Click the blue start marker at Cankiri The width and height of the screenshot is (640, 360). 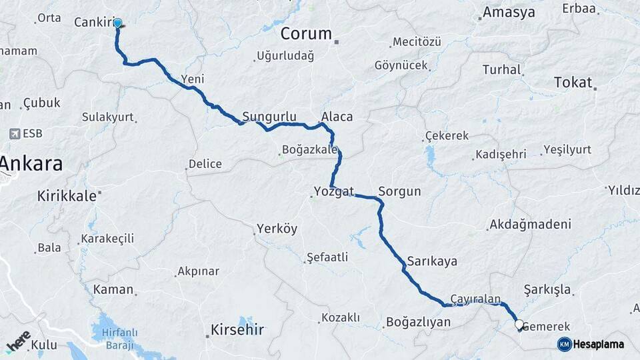pos(118,24)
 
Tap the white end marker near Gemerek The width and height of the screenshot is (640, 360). pos(519,325)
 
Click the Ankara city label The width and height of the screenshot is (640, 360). pos(31,164)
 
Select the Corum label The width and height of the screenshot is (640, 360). pos(306,33)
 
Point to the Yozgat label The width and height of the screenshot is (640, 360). pos(333,193)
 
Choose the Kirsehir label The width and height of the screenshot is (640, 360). pos(237,329)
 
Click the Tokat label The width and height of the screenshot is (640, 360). pos(573,83)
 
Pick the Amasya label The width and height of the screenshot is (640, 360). pos(509,12)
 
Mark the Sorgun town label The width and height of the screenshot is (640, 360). pos(399,192)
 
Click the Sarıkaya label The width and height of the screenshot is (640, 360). pos(432,261)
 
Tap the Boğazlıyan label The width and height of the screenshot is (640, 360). pos(418,323)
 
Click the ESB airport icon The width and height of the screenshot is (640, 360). pos(15,134)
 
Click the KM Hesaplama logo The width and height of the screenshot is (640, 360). pos(591,344)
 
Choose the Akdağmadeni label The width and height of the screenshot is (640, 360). pos(530,225)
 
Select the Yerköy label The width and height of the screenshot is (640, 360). pos(277,229)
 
